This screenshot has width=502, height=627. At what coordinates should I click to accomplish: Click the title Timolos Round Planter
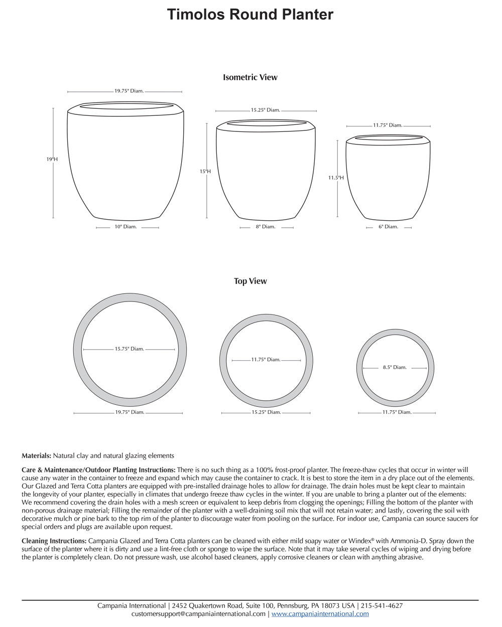click(250, 15)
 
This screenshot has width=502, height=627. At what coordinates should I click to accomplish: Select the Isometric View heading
click(250, 77)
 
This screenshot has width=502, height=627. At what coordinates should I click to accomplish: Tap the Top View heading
click(250, 281)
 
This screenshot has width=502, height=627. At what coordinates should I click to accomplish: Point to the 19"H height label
click(52, 159)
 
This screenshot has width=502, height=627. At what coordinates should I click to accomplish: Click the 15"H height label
click(205, 172)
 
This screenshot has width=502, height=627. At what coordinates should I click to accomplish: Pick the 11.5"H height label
click(336, 178)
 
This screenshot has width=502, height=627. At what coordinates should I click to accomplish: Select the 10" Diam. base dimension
click(125, 227)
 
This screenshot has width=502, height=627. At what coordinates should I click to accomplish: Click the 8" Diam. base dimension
click(266, 227)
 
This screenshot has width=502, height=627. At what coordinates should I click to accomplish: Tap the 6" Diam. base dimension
click(388, 227)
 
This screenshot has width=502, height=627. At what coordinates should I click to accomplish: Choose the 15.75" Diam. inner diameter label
click(129, 349)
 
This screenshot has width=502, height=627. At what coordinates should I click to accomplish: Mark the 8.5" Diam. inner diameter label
click(395, 367)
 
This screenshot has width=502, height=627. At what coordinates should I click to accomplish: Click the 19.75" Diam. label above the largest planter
click(129, 91)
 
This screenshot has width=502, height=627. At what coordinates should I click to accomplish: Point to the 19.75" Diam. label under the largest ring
click(130, 412)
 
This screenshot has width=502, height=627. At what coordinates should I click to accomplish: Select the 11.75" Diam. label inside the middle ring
click(266, 360)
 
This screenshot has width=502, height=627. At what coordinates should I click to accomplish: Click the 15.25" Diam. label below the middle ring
click(266, 412)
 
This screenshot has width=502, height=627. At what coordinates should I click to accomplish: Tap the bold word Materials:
click(36, 456)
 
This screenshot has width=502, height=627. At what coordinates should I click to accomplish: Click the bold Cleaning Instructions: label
click(54, 541)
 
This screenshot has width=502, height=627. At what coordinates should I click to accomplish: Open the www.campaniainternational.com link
click(320, 613)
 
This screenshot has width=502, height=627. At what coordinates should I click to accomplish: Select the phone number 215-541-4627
click(381, 605)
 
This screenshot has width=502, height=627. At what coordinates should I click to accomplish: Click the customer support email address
click(198, 613)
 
